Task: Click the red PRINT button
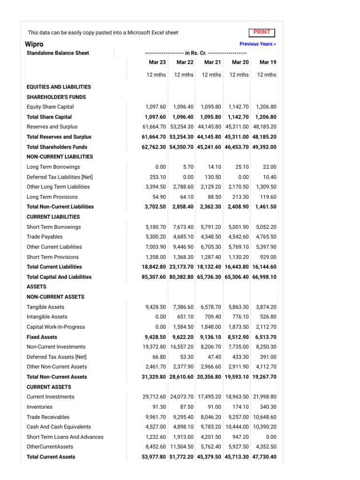click(262, 32)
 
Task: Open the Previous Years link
click(257, 44)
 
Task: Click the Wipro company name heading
click(34, 44)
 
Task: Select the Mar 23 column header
click(157, 62)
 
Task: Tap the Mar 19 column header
click(268, 62)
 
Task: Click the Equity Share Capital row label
click(50, 107)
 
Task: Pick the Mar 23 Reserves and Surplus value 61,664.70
click(154, 127)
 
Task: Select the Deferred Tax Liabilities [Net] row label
click(60, 177)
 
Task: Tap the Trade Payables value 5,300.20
click(156, 237)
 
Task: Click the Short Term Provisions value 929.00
click(268, 257)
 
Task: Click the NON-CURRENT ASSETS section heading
click(55, 297)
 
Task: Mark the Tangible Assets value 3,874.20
click(266, 307)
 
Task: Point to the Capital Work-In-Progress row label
click(56, 327)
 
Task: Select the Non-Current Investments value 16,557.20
click(182, 347)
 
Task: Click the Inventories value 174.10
click(240, 407)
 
